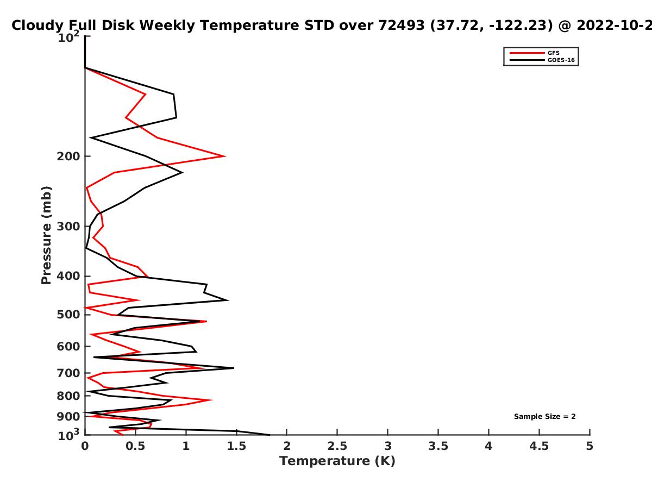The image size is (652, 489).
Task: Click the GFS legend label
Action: click(x=553, y=53)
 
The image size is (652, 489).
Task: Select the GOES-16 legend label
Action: click(x=561, y=60)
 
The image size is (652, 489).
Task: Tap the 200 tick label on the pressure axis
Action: click(x=68, y=156)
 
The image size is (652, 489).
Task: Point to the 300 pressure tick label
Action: click(x=68, y=227)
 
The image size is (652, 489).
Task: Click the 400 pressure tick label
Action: click(x=68, y=276)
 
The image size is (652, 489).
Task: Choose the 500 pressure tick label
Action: click(x=68, y=315)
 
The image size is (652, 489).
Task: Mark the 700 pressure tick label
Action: click(x=68, y=373)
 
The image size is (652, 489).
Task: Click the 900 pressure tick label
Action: click(x=68, y=417)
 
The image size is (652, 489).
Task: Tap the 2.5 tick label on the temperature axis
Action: click(x=337, y=446)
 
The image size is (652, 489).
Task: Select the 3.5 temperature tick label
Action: click(x=438, y=446)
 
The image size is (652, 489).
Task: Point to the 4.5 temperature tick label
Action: click(x=539, y=446)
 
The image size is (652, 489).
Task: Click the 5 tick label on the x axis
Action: click(x=590, y=446)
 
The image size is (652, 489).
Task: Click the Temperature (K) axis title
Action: click(x=337, y=461)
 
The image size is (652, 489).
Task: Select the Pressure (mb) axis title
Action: click(x=46, y=235)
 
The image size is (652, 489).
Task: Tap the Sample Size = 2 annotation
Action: click(x=545, y=417)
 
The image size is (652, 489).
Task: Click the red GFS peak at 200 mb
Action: click(x=225, y=156)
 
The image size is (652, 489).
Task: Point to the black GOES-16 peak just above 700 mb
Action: click(x=234, y=368)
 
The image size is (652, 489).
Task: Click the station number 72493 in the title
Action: click(x=402, y=26)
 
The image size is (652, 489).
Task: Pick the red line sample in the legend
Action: click(x=527, y=53)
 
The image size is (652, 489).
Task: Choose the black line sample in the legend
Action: click(x=527, y=60)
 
